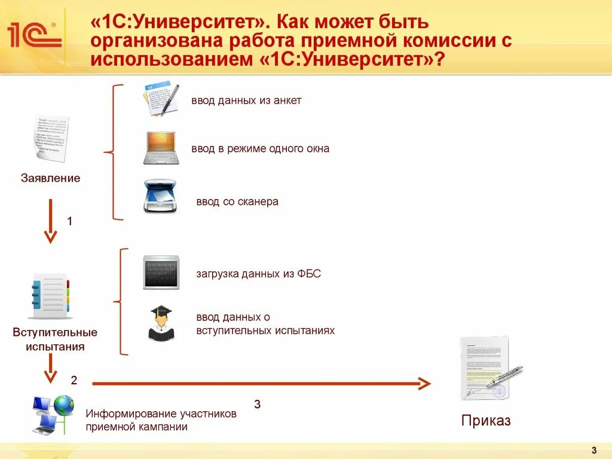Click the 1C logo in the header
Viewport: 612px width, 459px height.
coord(34,34)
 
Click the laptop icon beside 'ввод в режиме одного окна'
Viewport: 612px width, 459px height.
coord(160,148)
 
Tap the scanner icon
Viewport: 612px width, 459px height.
coord(160,197)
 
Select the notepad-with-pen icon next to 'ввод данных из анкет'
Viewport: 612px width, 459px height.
coord(161,99)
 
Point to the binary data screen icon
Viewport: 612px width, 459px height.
coord(160,273)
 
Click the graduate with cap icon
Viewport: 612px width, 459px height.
coord(160,323)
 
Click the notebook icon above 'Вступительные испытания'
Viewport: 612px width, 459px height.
coord(51,296)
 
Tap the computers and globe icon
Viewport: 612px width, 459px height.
coord(53,414)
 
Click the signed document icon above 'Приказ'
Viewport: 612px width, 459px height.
coord(487,369)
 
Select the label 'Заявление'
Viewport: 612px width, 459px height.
coord(51,178)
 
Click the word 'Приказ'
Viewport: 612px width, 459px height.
coord(486,421)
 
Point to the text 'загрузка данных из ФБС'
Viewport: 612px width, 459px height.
coord(258,274)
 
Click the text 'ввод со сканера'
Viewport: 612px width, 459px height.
coord(237,202)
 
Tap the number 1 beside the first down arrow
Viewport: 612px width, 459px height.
coord(69,221)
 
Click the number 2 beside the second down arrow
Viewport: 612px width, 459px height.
coord(74,380)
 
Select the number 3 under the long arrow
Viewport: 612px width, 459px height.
coord(257,405)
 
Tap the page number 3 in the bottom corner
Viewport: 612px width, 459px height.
coord(593,450)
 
